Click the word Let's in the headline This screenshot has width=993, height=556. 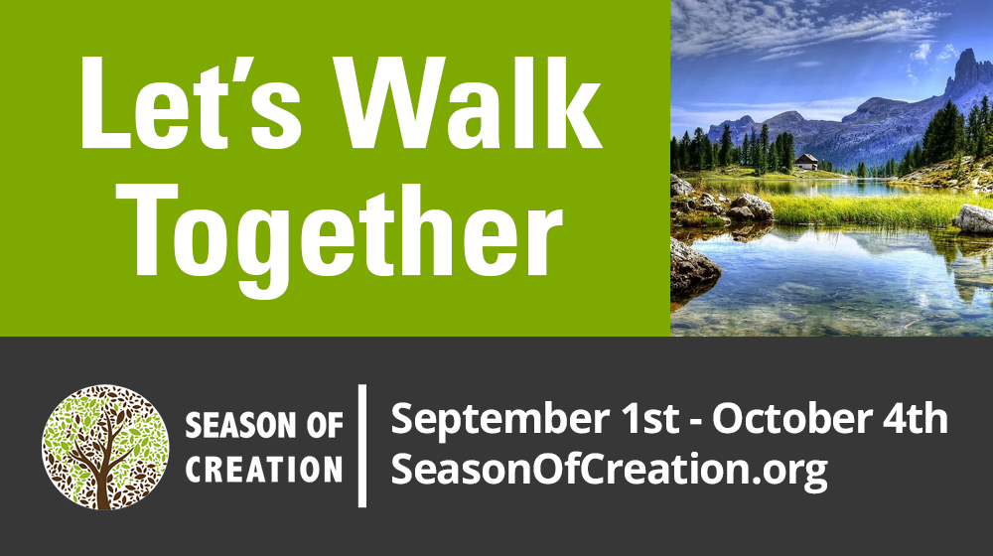[190, 102]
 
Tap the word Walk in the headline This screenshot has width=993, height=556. [469, 102]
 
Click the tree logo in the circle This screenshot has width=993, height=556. [105, 447]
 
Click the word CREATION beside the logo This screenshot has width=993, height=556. [263, 470]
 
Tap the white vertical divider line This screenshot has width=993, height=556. [362, 446]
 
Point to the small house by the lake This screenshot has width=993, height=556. [806, 162]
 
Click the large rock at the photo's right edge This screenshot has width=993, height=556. [974, 219]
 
